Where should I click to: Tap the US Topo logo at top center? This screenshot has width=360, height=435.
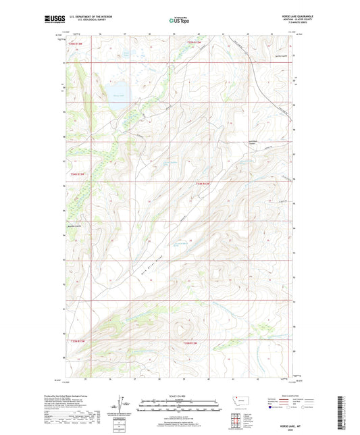[180, 20]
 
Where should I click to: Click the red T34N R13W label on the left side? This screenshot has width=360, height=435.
[78, 174]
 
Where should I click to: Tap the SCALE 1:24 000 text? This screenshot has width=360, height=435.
[180, 396]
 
